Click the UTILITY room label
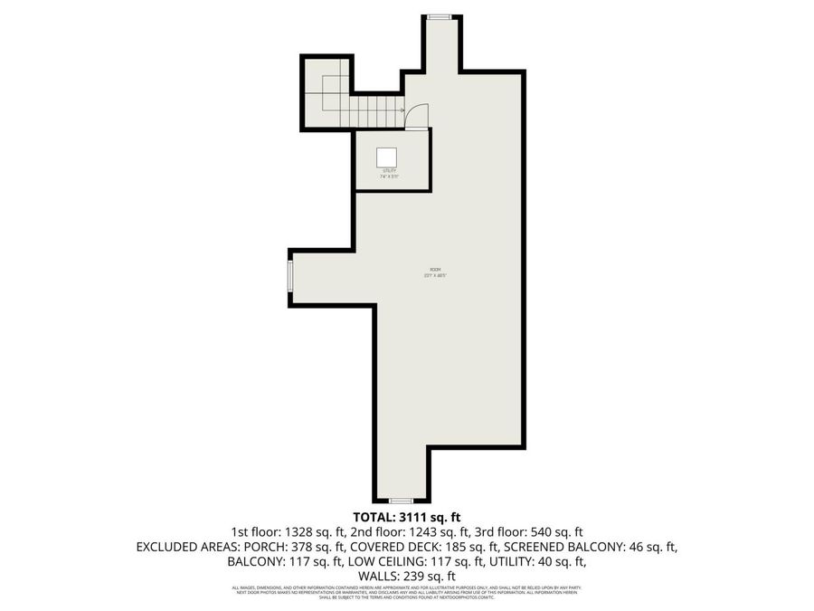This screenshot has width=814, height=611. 390,170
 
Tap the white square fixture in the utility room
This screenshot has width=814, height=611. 389,157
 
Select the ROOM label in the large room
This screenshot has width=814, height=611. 435,270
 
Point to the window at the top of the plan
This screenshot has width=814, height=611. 440,16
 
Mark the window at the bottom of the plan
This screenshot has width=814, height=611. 401,500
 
